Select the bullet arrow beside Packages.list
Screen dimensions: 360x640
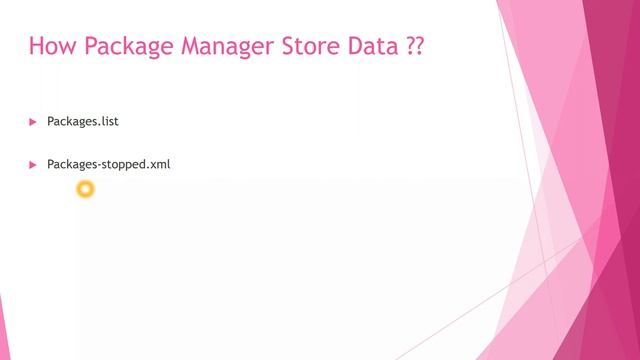[32, 122]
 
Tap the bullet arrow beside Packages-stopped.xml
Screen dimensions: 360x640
[32, 164]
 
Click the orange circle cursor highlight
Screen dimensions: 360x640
[85, 188]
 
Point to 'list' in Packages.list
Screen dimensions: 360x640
[110, 122]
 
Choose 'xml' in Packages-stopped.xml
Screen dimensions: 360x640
[160, 164]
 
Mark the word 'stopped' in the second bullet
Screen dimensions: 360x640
[123, 164]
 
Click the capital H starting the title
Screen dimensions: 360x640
[37, 48]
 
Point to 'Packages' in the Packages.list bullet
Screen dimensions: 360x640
[72, 122]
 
